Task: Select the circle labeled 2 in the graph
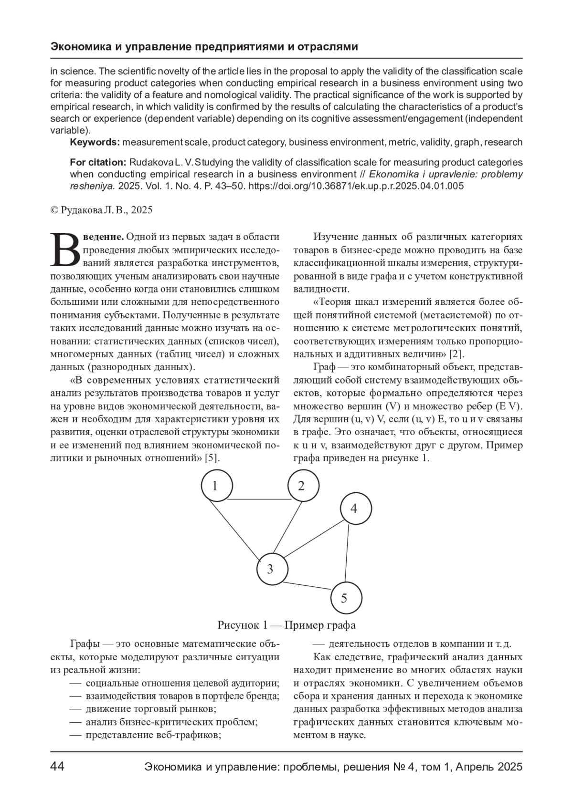pos(303,486)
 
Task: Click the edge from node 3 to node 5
pos(308,587)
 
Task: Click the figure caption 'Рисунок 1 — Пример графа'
pos(286,625)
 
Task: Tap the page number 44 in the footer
pos(57,767)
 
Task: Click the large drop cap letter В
pos(65,250)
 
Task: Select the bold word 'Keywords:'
pos(95,142)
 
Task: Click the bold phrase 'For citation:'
pos(98,162)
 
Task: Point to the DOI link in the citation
pos(356,186)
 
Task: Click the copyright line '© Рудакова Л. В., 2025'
pos(101,209)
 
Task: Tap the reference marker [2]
pos(457,354)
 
